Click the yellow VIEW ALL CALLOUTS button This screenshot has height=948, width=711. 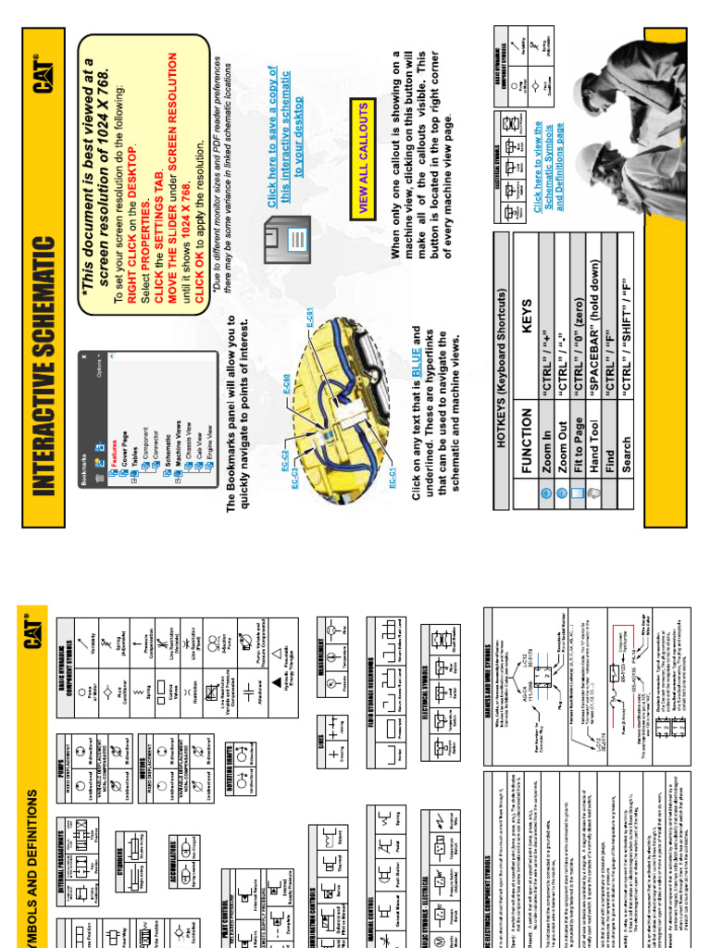coord(363,158)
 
